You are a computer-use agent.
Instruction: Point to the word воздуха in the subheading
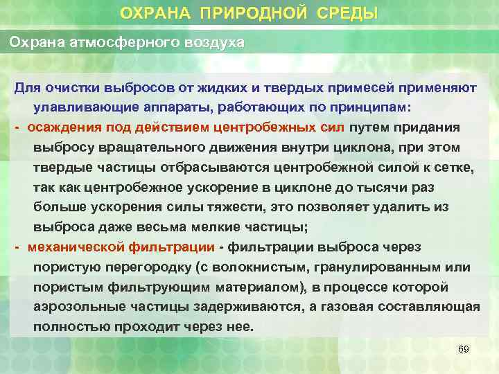tap(213, 42)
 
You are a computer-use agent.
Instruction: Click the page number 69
tap(464, 350)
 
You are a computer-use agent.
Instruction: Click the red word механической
tap(78, 247)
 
